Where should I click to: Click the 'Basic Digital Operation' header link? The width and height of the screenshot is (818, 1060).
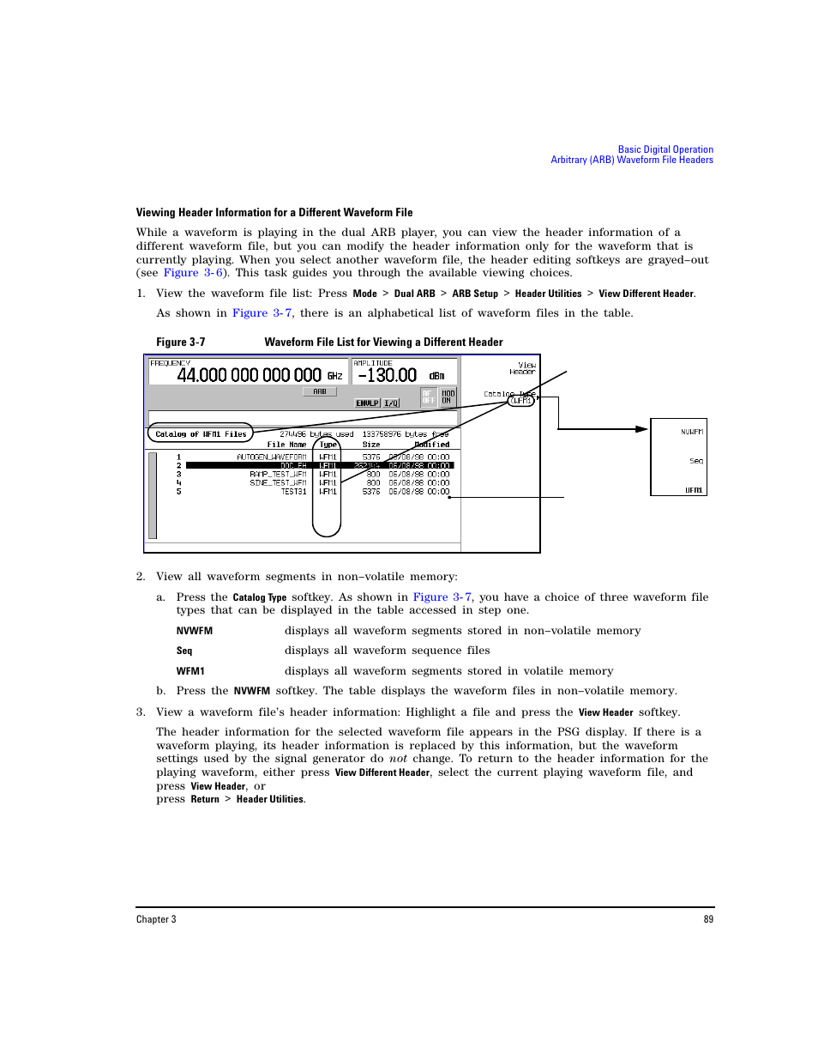665,149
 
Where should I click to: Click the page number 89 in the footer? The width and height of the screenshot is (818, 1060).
708,919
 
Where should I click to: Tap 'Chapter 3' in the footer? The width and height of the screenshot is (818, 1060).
156,919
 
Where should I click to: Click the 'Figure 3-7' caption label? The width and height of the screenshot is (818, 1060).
180,342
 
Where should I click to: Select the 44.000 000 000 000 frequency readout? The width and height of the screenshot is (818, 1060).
249,375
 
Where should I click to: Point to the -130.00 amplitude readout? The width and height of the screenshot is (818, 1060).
388,375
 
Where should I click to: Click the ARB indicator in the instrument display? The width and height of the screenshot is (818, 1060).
319,391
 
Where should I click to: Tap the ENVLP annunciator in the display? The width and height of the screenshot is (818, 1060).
367,403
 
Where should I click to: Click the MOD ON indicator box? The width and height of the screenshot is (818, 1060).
448,397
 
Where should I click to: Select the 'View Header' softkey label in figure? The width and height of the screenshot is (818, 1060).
524,368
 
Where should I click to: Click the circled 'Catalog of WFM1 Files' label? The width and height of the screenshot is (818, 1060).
201,434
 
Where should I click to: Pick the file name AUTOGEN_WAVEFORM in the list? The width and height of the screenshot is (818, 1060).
271,457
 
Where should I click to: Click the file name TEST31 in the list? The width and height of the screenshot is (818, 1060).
293,492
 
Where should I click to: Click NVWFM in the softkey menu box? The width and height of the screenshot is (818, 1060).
692,432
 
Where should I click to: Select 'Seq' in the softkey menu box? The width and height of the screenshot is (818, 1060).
696,461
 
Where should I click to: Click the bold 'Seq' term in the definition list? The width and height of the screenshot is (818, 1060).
184,651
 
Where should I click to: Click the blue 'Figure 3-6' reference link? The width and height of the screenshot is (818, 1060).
194,273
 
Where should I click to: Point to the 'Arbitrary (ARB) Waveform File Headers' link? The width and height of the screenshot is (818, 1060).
632,160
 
